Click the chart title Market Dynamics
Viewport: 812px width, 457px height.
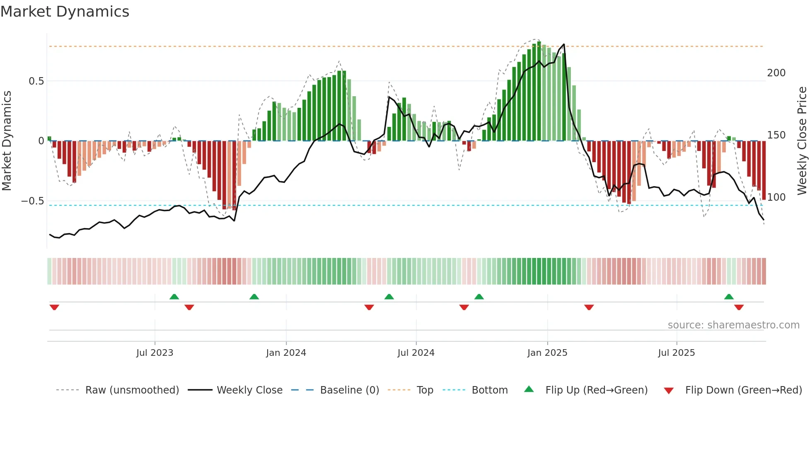point(65,12)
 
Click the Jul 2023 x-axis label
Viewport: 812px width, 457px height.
point(155,353)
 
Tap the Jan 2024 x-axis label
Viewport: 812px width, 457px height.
point(286,353)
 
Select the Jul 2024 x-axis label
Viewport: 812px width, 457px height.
point(416,353)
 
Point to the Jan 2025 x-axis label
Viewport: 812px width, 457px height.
point(547,353)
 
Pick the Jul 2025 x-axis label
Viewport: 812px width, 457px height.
point(677,353)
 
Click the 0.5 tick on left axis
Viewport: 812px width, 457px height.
point(36,81)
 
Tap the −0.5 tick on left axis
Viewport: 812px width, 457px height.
point(33,201)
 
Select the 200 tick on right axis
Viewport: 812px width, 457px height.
point(776,73)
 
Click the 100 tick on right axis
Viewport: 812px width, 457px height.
point(776,197)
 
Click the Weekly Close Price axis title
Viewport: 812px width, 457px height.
point(802,141)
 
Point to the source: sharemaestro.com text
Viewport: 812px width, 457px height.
point(733,325)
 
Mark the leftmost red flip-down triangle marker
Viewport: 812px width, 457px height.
point(54,307)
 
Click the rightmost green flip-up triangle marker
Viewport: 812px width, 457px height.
point(729,297)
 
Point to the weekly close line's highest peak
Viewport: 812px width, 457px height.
point(564,44)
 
